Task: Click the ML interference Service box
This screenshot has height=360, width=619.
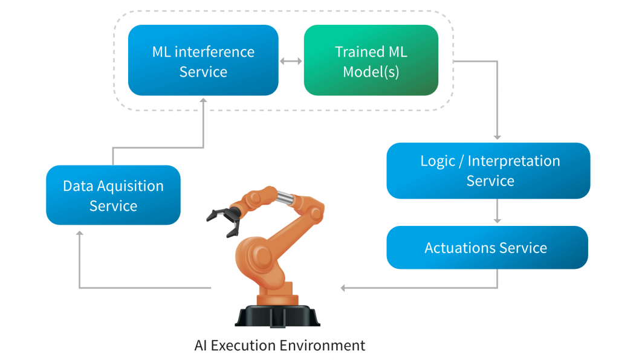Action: [x=203, y=60]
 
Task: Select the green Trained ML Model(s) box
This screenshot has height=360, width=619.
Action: [x=371, y=60]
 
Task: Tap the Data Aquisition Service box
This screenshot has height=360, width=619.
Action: [x=113, y=195]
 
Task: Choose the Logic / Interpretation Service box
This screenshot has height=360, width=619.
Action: [x=488, y=170]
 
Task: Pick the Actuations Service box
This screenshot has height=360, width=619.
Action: [x=487, y=248]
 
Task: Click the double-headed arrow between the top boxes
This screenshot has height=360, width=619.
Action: [x=291, y=61]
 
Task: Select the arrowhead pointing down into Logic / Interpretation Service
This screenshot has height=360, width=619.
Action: [x=497, y=138]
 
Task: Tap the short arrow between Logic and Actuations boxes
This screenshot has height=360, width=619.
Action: [x=497, y=213]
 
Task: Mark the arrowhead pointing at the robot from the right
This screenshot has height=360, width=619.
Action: [x=344, y=288]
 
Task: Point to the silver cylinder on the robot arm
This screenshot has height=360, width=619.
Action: [x=284, y=196]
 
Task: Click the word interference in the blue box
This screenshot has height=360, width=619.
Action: [x=214, y=52]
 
